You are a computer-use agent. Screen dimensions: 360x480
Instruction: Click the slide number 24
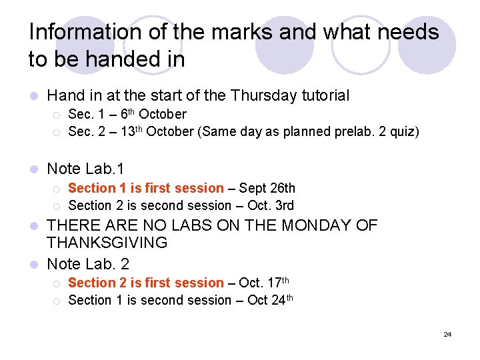coord(447,333)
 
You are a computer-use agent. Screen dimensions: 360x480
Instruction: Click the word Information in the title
coord(76,32)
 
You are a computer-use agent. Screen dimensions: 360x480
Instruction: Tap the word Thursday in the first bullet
coord(262,96)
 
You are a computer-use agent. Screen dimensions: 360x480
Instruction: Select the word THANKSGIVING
coord(107,243)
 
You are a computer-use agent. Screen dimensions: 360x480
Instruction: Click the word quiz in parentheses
coord(402,132)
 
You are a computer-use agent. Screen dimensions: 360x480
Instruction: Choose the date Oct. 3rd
coord(271,205)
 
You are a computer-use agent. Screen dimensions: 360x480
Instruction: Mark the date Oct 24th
coord(269,300)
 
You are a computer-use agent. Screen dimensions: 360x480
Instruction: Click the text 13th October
coord(157,131)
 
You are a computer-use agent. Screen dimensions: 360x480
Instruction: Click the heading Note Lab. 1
coord(86,169)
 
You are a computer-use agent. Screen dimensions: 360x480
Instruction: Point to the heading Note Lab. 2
coord(89,264)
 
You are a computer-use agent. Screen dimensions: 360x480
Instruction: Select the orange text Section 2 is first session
coord(146,283)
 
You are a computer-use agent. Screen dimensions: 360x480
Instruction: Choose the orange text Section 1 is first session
coord(146,189)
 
